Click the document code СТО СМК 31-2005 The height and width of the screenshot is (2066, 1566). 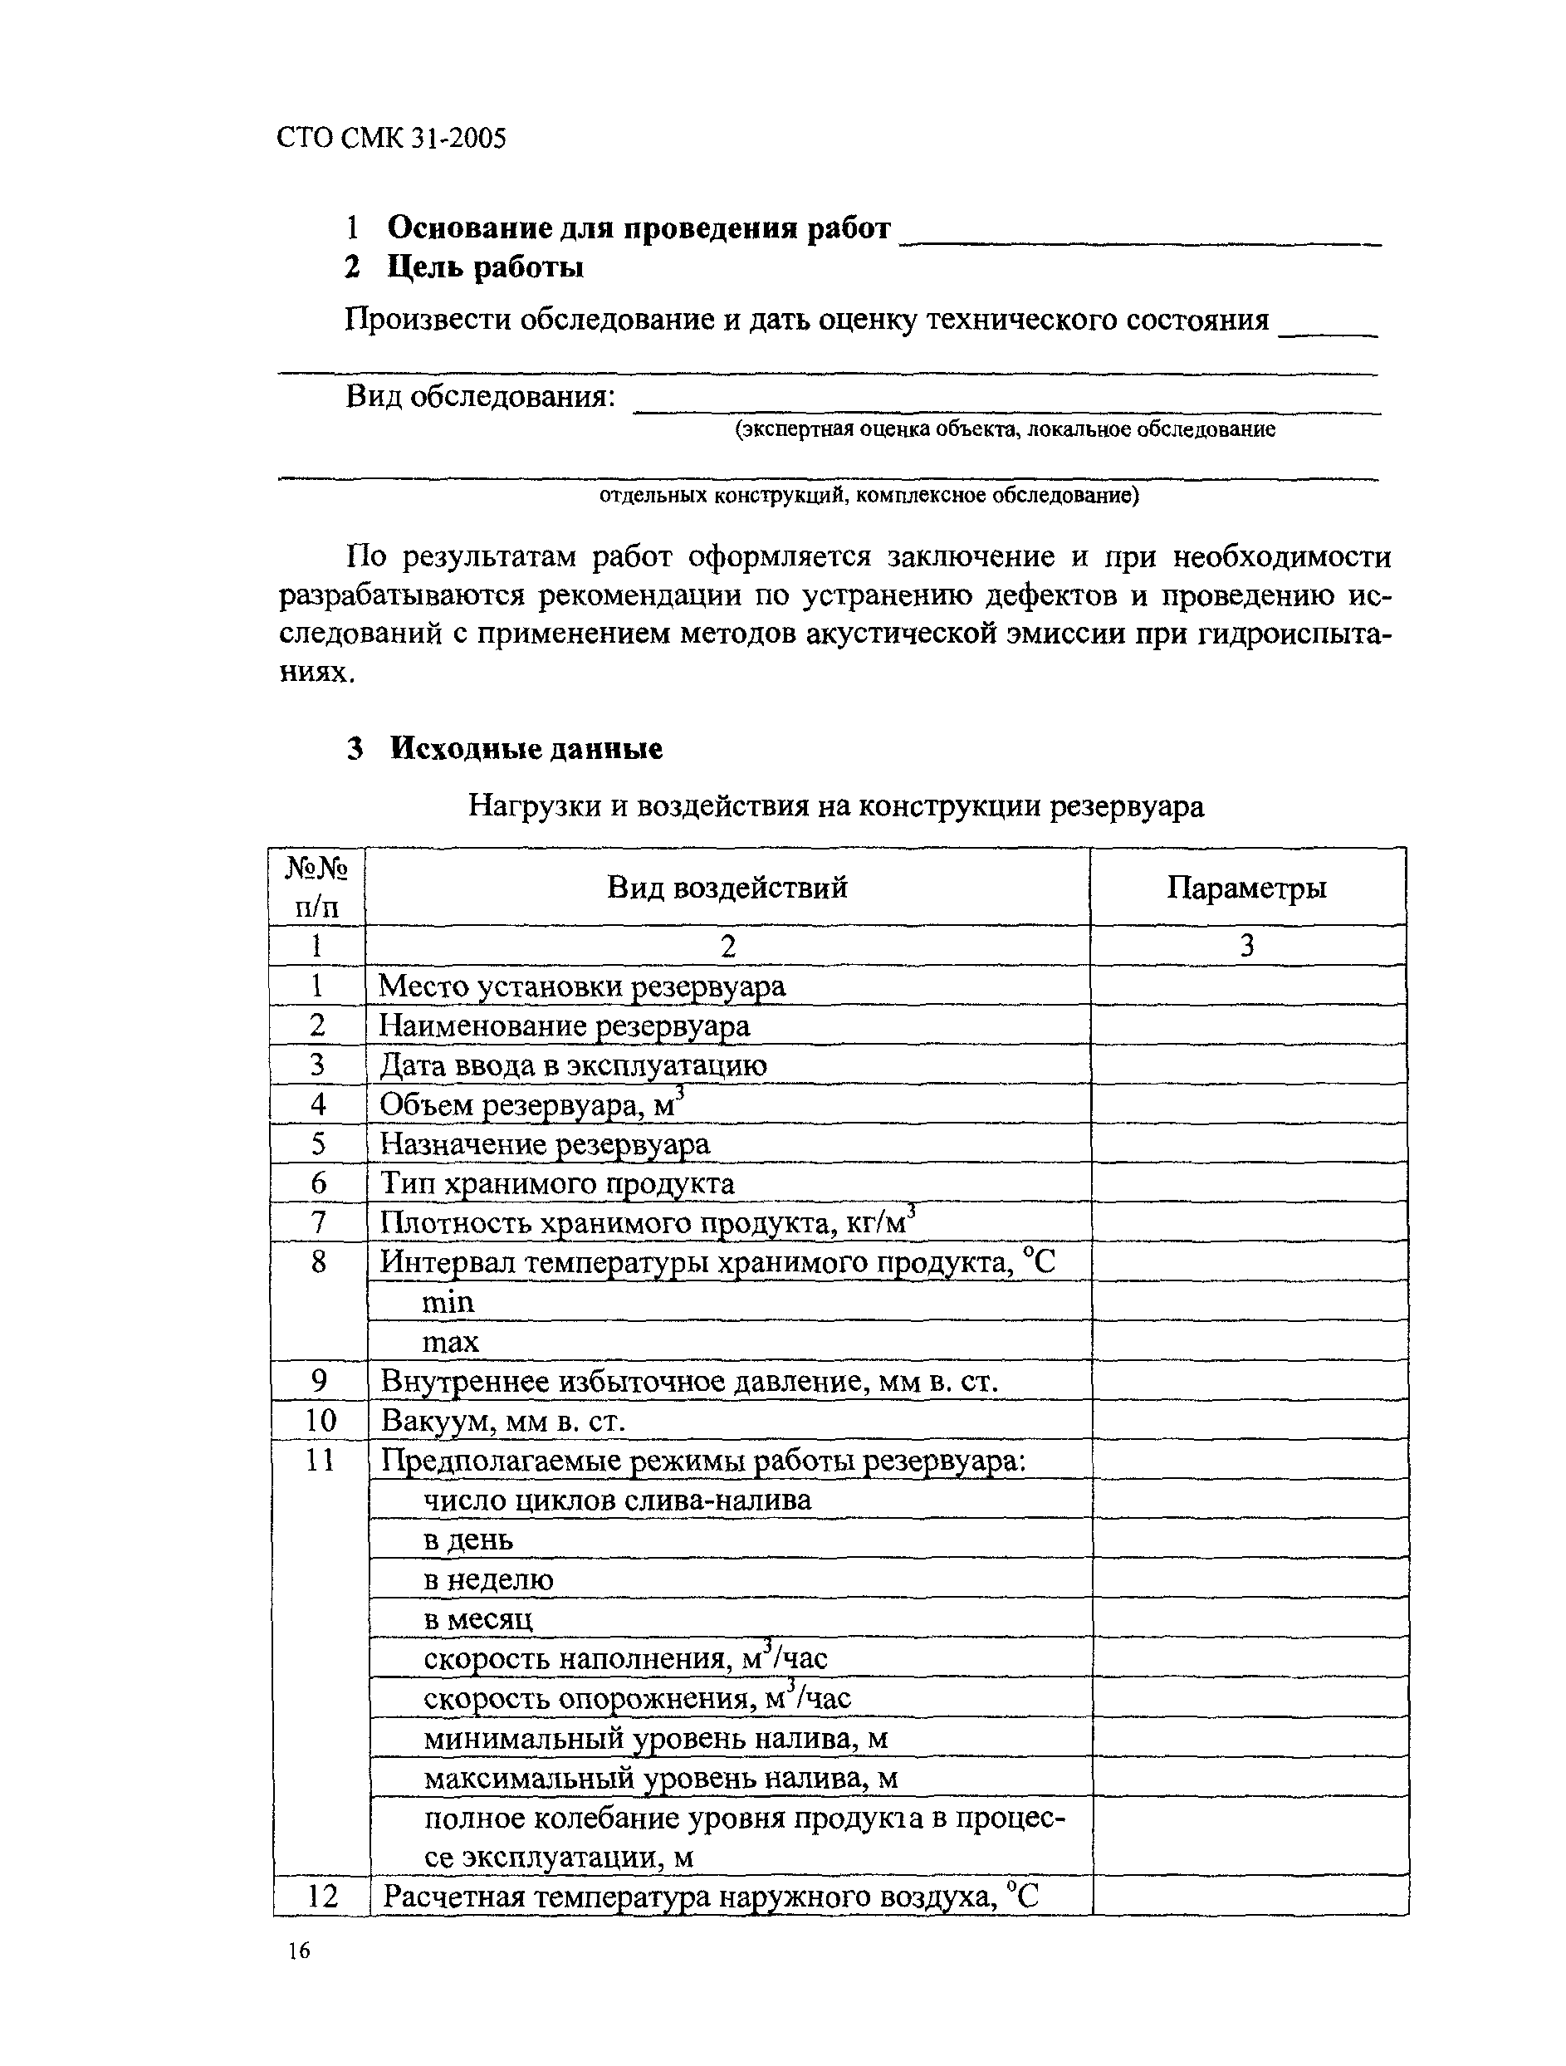[391, 138]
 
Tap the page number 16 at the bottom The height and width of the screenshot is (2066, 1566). [298, 1951]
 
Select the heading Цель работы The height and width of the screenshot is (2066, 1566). [486, 268]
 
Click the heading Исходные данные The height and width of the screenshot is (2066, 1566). [526, 749]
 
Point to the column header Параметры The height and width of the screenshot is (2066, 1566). [1246, 888]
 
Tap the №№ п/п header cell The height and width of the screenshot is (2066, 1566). [316, 888]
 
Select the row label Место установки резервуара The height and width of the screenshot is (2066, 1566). [581, 986]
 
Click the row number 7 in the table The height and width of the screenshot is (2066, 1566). [317, 1221]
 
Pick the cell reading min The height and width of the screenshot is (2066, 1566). [448, 1301]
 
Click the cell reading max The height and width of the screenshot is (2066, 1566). [450, 1341]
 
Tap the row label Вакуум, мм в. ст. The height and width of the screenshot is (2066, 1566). [502, 1421]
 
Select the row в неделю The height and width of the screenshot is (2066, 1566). [488, 1579]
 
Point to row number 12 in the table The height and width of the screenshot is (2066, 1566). [321, 1896]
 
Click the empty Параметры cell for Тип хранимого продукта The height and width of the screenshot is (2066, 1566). [1248, 1182]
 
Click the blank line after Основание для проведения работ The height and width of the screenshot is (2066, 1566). [1139, 238]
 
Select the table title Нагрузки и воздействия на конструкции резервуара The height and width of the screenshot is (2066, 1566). [836, 805]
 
